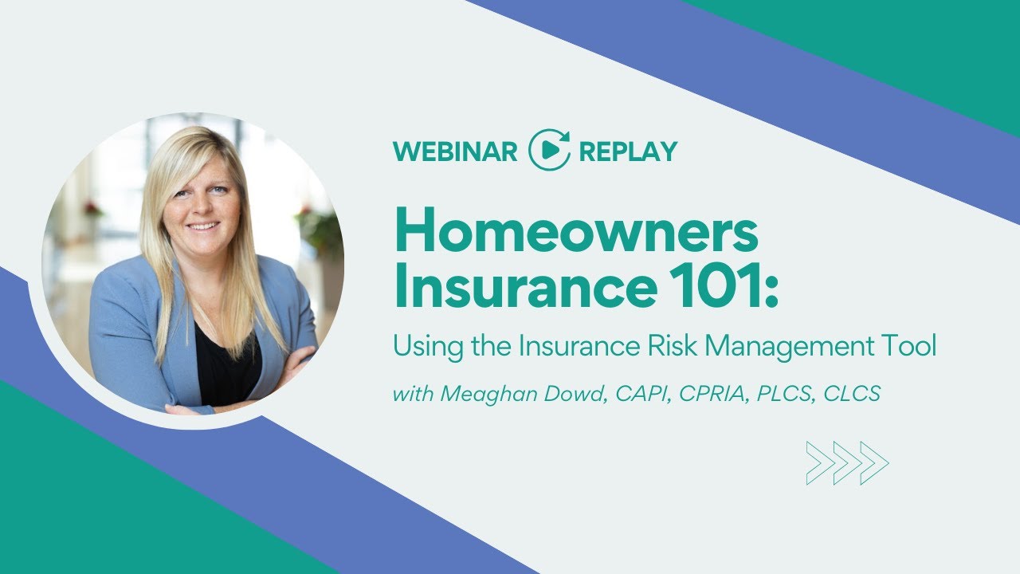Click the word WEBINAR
[455, 151]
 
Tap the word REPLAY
[628, 151]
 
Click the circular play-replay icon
[550, 149]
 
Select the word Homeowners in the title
[576, 233]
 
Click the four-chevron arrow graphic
[847, 463]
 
